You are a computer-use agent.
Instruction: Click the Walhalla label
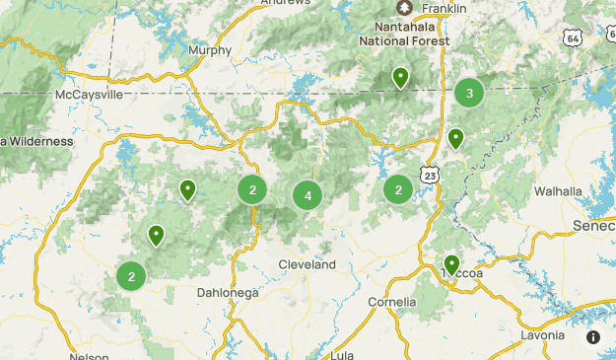[x=558, y=190]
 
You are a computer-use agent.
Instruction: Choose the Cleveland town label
[x=307, y=265]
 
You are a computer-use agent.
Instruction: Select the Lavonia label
[x=544, y=335]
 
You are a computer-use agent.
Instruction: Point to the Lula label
[x=343, y=354]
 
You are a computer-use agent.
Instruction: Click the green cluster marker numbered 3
[x=469, y=94]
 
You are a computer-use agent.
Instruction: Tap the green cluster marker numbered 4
[x=308, y=196]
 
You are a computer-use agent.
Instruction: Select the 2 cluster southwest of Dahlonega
[x=131, y=276]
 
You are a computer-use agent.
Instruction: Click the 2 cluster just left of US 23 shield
[x=398, y=189]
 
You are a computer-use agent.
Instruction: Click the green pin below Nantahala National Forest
[x=400, y=78]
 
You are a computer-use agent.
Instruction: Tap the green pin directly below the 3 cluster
[x=455, y=139]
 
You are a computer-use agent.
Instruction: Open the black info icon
[x=592, y=337]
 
